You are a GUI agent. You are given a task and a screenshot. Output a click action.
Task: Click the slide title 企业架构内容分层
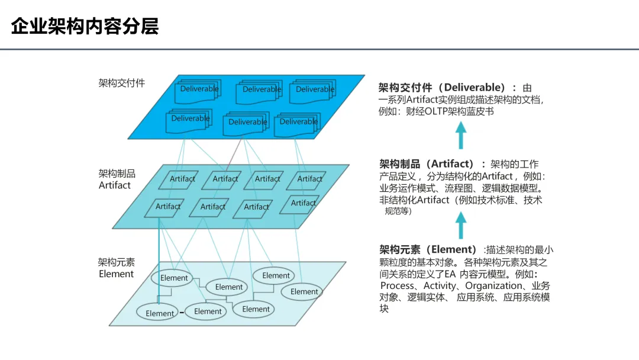[x=85, y=27]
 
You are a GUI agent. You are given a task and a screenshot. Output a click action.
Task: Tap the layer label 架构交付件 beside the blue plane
[x=121, y=83]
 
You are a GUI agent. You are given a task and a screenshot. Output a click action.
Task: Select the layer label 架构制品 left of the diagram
[x=117, y=173]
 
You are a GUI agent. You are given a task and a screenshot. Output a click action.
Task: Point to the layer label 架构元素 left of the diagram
[x=117, y=262]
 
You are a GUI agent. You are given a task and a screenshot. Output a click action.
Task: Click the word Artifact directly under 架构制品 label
[x=115, y=185]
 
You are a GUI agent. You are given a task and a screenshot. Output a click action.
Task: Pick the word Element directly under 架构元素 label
[x=116, y=274]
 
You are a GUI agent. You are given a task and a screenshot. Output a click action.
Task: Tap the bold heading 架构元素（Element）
[x=428, y=249]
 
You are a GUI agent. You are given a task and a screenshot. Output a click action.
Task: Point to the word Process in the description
[x=397, y=286]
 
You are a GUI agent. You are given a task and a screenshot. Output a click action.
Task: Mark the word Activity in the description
[x=440, y=286]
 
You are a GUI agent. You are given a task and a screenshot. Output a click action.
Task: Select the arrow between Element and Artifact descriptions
[x=461, y=225]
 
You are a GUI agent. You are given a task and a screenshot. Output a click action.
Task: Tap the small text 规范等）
[x=398, y=211]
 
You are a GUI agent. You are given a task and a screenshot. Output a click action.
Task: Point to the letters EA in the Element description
[x=450, y=274]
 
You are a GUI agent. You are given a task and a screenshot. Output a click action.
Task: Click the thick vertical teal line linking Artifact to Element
[x=159, y=243]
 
